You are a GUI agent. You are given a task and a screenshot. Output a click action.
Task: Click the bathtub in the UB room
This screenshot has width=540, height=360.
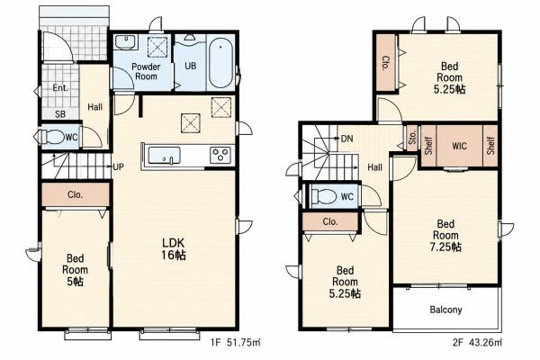(220, 63)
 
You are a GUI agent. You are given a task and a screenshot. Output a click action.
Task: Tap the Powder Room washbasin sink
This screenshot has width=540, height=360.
(125, 42)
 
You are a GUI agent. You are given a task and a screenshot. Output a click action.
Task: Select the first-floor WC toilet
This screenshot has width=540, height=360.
(52, 137)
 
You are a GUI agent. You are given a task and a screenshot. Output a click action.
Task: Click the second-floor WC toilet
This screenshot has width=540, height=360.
(323, 196)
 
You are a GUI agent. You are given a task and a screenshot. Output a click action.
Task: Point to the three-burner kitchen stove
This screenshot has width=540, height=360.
(220, 155)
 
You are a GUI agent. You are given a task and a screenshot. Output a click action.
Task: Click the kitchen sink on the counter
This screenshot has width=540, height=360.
(164, 156)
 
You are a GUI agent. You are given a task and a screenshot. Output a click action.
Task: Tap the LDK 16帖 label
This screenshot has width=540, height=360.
(174, 248)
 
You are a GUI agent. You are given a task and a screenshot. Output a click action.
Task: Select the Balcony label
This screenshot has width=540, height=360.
(445, 310)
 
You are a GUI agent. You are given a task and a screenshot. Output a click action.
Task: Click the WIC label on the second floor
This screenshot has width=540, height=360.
(459, 146)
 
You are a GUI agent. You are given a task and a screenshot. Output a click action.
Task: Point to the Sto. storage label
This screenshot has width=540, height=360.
(412, 138)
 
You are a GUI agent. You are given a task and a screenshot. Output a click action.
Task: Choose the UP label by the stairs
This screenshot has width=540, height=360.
(118, 167)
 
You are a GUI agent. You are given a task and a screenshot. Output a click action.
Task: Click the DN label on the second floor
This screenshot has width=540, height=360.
(346, 139)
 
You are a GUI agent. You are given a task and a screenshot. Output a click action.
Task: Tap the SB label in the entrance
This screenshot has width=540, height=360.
(60, 114)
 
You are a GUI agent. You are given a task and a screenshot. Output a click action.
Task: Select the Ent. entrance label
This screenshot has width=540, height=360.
(60, 88)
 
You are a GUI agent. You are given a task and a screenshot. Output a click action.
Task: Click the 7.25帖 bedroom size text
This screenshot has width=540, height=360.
(445, 247)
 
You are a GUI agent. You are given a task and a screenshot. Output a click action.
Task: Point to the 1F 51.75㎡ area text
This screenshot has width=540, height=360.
(236, 342)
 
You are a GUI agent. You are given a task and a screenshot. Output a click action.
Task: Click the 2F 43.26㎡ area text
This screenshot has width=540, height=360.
(477, 342)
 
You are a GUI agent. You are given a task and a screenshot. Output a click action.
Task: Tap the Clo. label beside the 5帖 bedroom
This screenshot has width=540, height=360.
(75, 194)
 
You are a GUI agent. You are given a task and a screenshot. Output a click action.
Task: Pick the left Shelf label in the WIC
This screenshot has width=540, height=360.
(428, 146)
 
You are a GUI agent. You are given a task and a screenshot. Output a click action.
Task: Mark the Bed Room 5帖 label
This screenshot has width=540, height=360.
(75, 270)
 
